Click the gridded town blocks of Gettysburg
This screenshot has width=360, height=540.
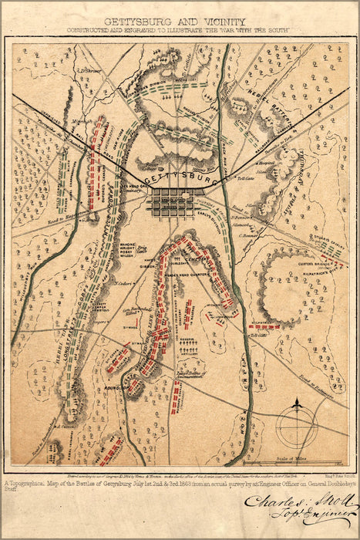[x=171, y=204]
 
